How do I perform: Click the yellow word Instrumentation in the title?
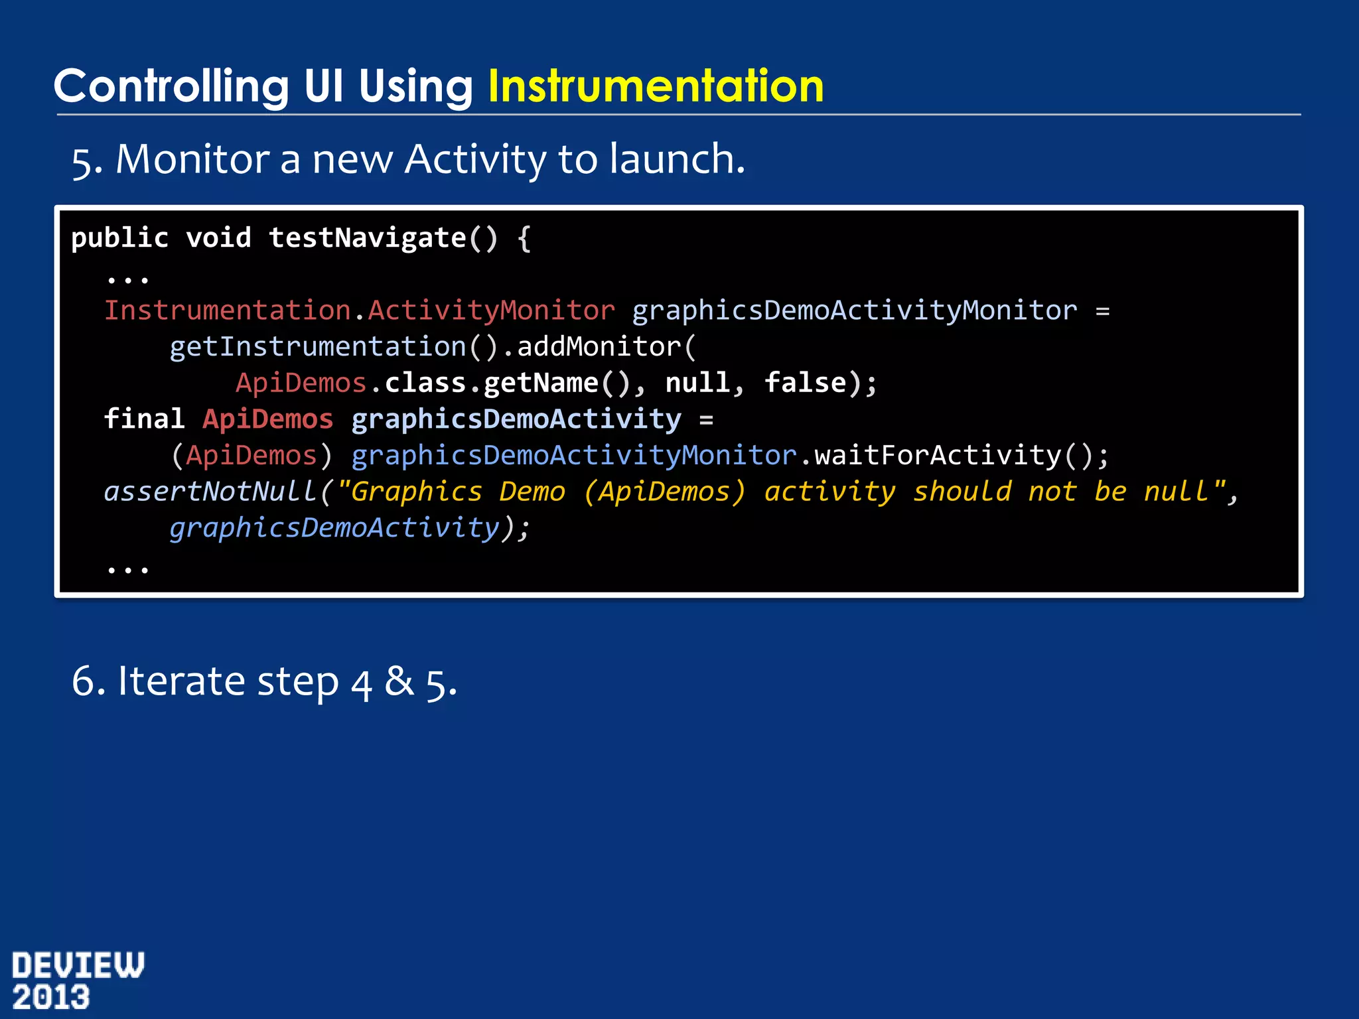pyautogui.click(x=656, y=86)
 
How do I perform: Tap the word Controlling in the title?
pyautogui.click(x=171, y=86)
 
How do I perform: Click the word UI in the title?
pyautogui.click(x=324, y=86)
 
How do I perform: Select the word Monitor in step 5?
pyautogui.click(x=192, y=159)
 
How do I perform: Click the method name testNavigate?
pyautogui.click(x=368, y=238)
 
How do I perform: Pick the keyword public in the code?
pyautogui.click(x=120, y=238)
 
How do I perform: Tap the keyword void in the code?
pyautogui.click(x=218, y=238)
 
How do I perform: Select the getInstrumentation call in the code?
pyautogui.click(x=317, y=347)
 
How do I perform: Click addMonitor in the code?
pyautogui.click(x=599, y=347)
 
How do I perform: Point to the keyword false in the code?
pyautogui.click(x=805, y=383)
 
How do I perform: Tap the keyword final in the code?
pyautogui.click(x=144, y=419)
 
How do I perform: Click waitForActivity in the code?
pyautogui.click(x=938, y=456)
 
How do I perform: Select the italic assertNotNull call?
pyautogui.click(x=210, y=492)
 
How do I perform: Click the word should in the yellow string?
pyautogui.click(x=962, y=492)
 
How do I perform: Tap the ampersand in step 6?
pyautogui.click(x=399, y=681)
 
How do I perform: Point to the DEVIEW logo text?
pyautogui.click(x=78, y=965)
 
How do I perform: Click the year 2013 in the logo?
pyautogui.click(x=51, y=998)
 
